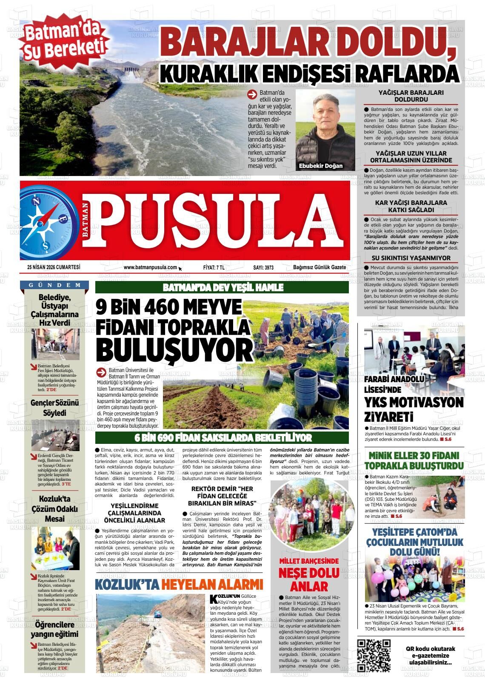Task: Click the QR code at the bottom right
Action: [374, 656]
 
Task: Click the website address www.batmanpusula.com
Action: [150, 267]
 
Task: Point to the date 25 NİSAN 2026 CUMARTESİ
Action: [54, 267]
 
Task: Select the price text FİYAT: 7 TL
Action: [214, 267]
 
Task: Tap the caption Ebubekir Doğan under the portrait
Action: [321, 166]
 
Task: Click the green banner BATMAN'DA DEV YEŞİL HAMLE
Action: [223, 287]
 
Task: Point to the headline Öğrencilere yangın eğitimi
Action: [54, 629]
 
